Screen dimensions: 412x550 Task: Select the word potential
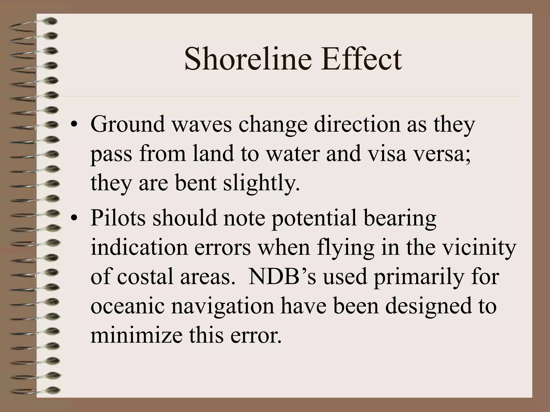click(314, 218)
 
